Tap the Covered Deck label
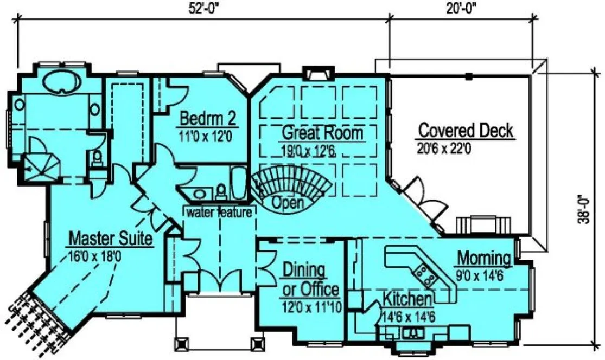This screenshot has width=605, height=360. (x=466, y=131)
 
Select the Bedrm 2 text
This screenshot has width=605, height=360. (x=206, y=118)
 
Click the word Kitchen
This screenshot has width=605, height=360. (x=407, y=299)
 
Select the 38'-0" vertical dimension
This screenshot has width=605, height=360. (x=584, y=209)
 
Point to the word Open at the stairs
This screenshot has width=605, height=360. (x=287, y=203)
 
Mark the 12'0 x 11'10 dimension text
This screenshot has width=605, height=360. (x=311, y=307)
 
